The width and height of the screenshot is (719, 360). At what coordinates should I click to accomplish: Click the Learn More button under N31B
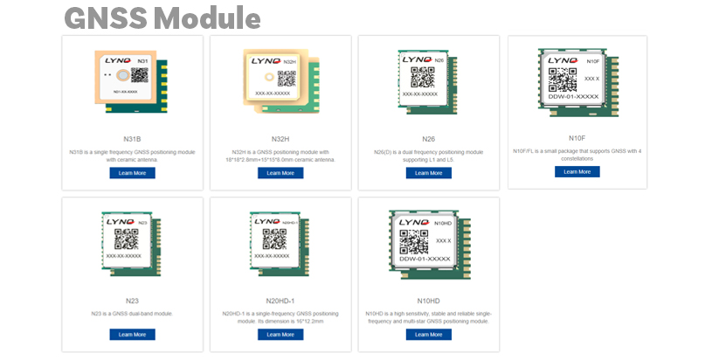click(132, 173)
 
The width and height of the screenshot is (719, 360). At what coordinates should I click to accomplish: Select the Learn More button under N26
click(428, 173)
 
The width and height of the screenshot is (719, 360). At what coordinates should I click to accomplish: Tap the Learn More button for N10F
click(577, 171)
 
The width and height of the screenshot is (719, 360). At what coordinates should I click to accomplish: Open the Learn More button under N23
click(132, 335)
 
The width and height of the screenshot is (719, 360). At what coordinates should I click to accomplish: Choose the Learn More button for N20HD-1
click(280, 335)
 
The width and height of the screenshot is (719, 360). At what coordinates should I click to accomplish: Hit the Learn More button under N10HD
click(428, 335)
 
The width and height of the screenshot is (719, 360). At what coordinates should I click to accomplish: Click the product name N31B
click(132, 139)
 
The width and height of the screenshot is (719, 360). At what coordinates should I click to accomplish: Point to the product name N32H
click(280, 139)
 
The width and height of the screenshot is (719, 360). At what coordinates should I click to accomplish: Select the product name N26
click(428, 139)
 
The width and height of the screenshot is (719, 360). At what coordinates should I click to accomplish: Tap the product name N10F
click(577, 137)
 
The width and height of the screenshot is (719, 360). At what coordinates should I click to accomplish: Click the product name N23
click(132, 301)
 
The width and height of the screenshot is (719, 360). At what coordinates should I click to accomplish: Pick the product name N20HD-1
click(280, 301)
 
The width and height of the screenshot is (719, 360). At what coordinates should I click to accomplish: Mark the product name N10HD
click(428, 301)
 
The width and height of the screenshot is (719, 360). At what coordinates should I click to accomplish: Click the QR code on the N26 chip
click(422, 76)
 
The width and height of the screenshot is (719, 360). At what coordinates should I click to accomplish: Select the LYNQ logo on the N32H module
click(264, 61)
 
